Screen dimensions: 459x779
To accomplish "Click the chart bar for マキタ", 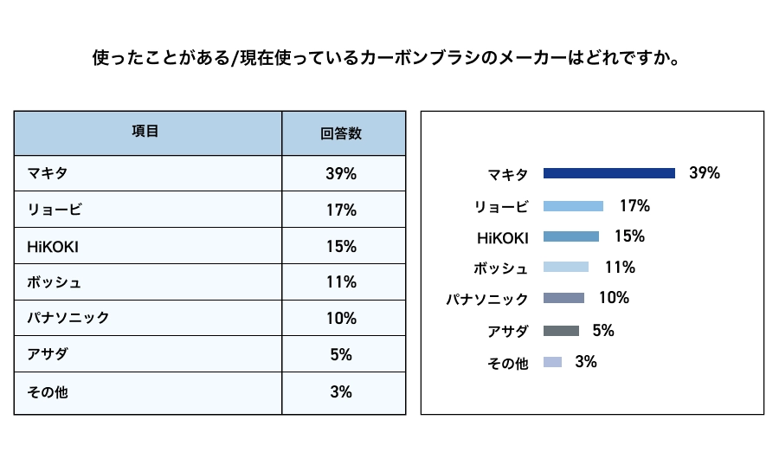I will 608,173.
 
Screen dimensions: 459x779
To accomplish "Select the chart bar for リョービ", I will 573,206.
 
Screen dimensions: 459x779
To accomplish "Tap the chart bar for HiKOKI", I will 570,236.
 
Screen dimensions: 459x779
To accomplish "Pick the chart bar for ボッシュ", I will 565,268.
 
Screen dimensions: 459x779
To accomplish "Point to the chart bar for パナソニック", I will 563,298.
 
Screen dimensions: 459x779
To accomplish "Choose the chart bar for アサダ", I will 561,330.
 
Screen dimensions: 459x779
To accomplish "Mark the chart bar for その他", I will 552,362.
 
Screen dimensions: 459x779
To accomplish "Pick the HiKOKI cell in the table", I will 53,246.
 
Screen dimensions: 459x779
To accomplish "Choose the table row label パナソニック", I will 68,319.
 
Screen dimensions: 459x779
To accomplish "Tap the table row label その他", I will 48,391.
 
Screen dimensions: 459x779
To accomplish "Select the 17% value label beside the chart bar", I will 634,206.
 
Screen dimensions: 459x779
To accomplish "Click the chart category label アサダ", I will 508,331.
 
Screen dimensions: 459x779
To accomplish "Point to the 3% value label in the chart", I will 586,362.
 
